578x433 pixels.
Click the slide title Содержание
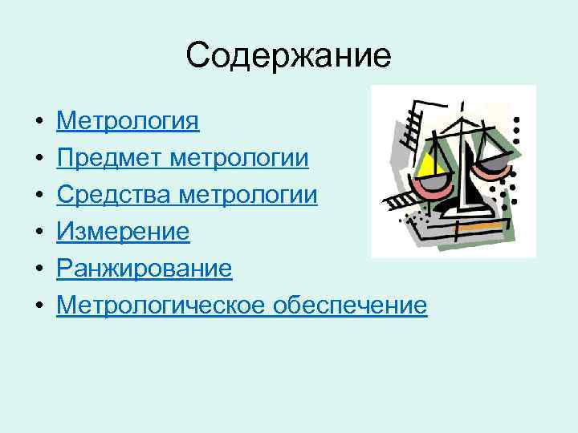click(288, 55)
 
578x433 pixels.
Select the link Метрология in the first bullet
click(128, 121)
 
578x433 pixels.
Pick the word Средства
click(113, 195)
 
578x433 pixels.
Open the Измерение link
click(123, 232)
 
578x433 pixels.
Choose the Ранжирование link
click(144, 269)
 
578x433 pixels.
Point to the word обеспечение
click(350, 306)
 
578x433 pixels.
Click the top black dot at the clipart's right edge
click(517, 119)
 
